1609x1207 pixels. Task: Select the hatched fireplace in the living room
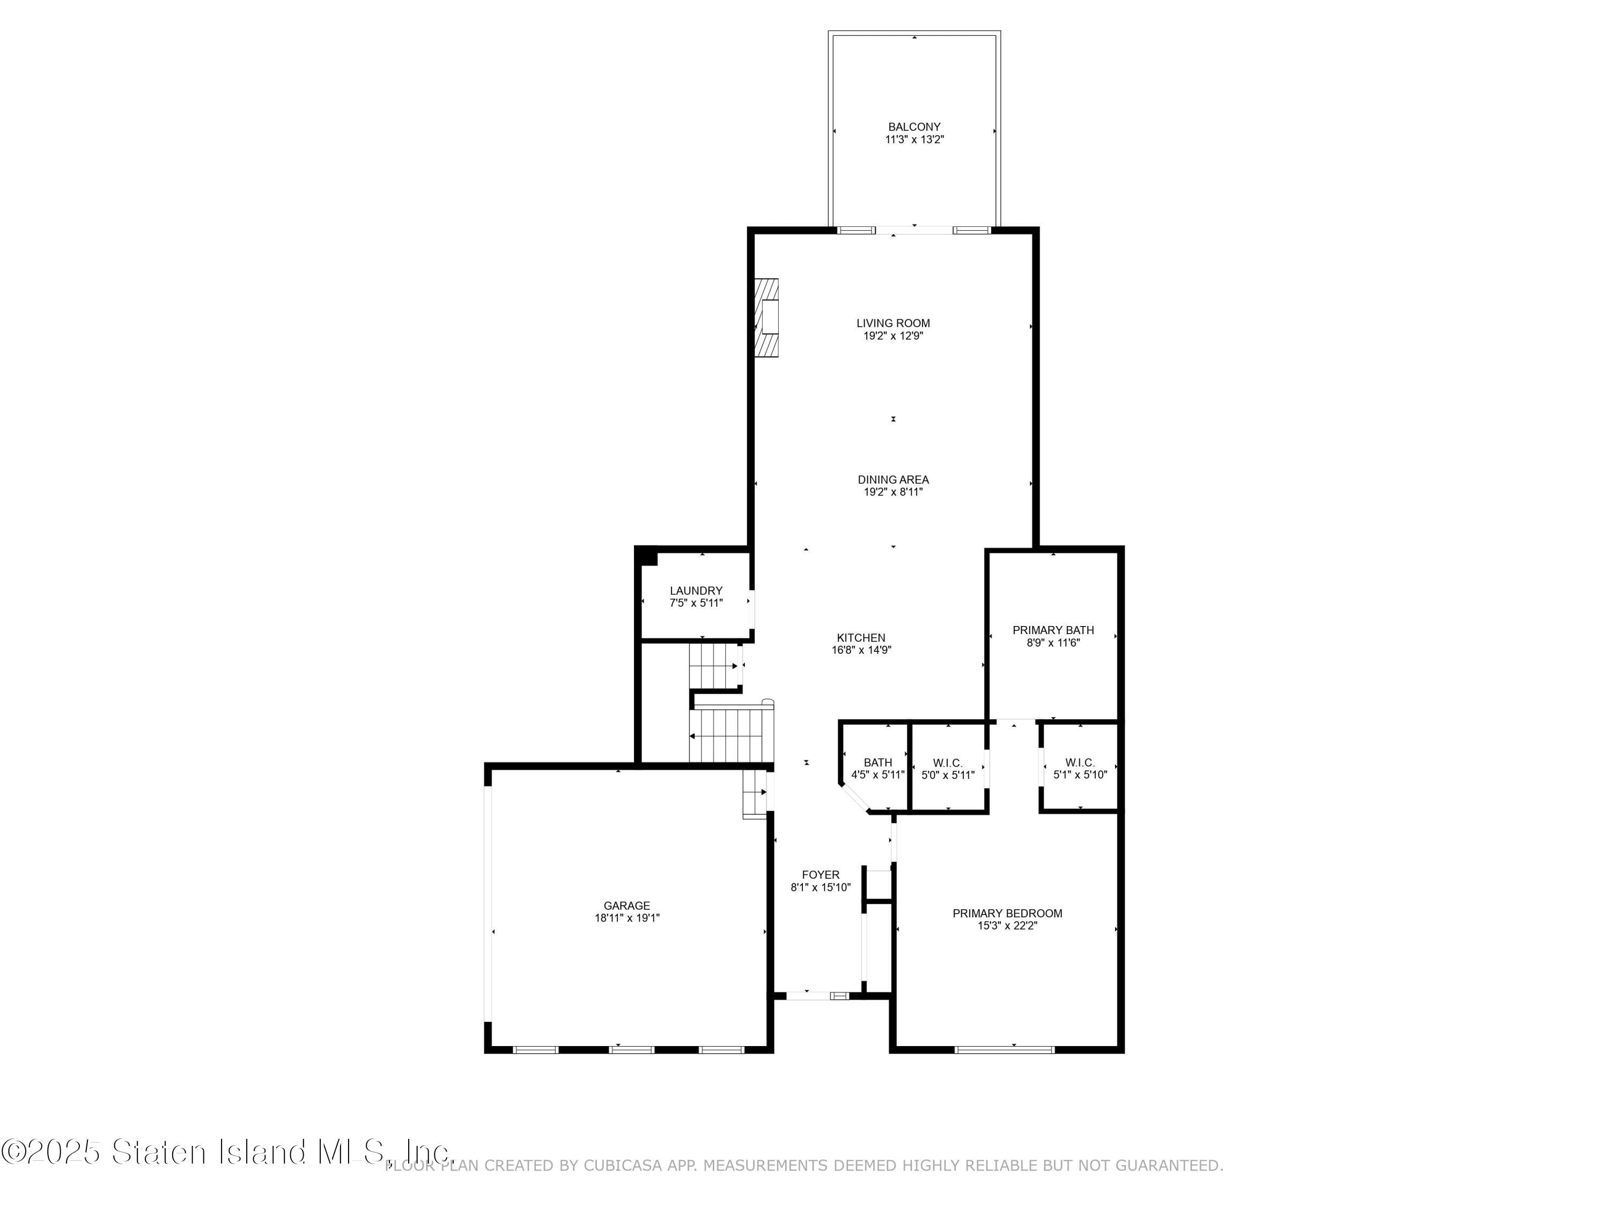(x=766, y=318)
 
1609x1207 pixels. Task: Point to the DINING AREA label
(x=892, y=480)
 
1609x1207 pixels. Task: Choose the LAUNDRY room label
(x=696, y=591)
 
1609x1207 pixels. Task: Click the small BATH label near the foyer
(x=877, y=762)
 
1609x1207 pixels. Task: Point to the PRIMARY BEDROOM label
(x=1007, y=913)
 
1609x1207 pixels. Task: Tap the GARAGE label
(x=626, y=906)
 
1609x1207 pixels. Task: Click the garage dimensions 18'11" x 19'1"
(x=626, y=918)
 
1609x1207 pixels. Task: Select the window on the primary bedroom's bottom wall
(x=1004, y=1049)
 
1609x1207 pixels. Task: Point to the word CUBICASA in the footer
(x=623, y=1166)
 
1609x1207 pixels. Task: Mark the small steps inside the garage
(x=754, y=794)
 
